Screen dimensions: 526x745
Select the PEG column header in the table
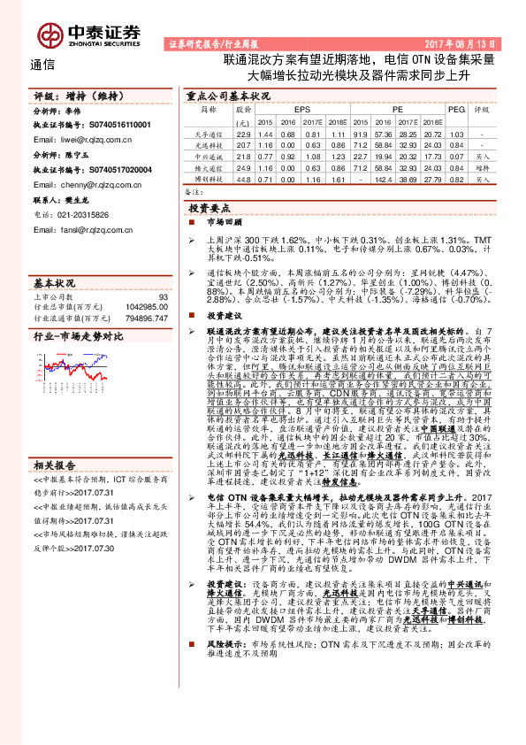tap(456, 109)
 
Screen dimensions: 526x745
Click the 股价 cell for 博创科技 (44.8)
tap(243, 178)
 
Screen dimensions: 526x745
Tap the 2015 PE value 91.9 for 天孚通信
tap(361, 132)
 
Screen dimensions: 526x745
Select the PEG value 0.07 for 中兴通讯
tap(456, 155)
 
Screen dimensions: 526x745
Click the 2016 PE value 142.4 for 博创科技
tap(385, 178)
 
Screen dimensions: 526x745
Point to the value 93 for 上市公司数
tap(163, 297)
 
